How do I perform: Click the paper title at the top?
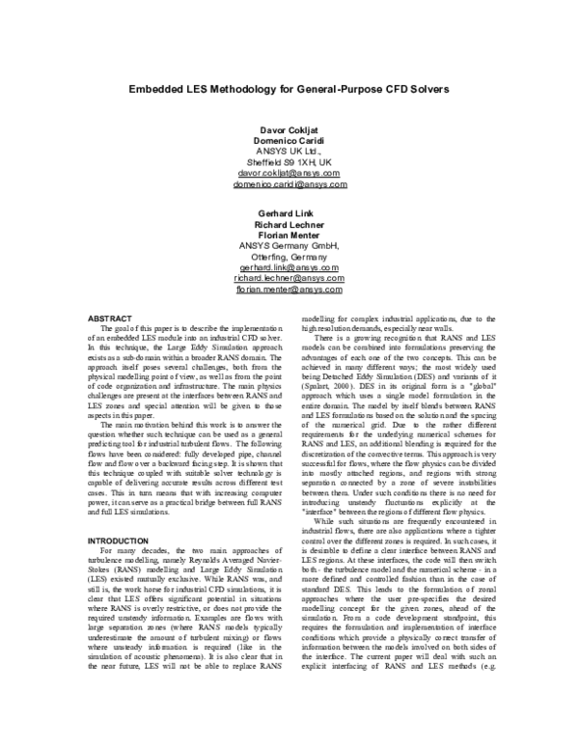289,87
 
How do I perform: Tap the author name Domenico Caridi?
289,141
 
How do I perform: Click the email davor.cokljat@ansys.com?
289,173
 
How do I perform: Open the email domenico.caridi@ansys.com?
289,183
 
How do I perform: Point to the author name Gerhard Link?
289,212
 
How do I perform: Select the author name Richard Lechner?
289,223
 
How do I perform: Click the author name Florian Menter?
289,235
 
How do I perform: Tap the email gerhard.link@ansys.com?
289,266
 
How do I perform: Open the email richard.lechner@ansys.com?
289,277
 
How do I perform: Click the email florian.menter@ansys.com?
289,289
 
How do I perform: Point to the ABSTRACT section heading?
110,318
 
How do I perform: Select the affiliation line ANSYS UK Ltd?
289,152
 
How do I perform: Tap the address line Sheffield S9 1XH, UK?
289,162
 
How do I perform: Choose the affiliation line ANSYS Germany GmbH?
289,245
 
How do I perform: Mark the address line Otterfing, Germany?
289,256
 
